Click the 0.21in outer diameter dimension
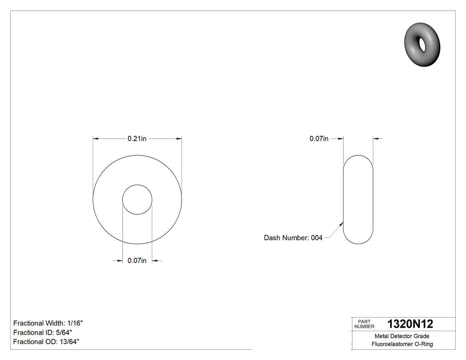tap(137, 138)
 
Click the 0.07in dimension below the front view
tap(137, 261)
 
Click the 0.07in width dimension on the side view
tap(319, 138)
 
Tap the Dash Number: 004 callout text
tap(293, 238)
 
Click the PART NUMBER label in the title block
tap(364, 324)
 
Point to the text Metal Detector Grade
tap(402, 336)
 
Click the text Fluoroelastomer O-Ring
tap(402, 344)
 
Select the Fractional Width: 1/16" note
tap(48, 323)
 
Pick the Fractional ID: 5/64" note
tap(43, 332)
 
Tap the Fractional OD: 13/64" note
tap(46, 341)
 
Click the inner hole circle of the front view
tap(137, 199)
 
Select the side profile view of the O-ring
tap(358, 199)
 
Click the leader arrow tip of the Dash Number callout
tap(343, 222)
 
